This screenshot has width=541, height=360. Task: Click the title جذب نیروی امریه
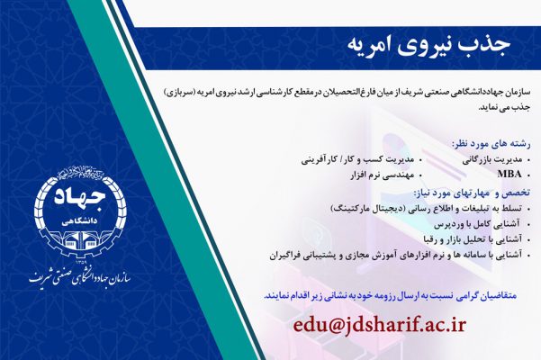point(422,41)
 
